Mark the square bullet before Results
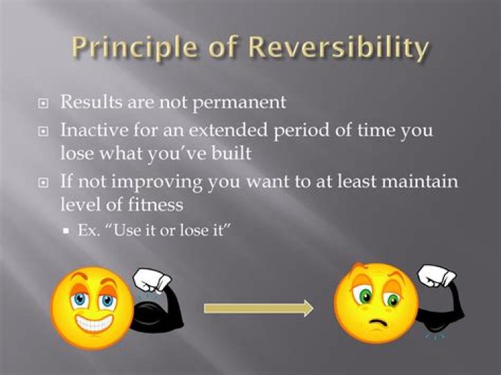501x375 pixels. [43, 103]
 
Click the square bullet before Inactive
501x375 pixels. [43, 131]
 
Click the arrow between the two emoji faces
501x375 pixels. [258, 309]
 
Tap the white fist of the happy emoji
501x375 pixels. [152, 281]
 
